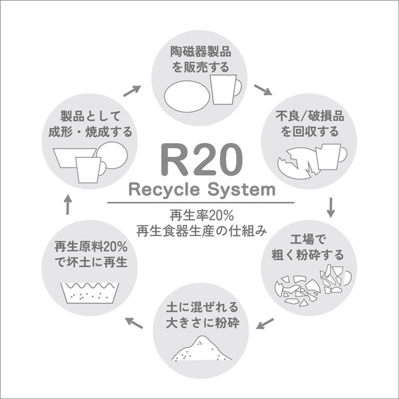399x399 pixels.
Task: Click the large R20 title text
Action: coord(201,160)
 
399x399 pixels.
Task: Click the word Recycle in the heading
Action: coord(164,190)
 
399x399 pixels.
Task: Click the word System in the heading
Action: coord(241,190)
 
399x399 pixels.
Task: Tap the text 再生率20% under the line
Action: coord(201,215)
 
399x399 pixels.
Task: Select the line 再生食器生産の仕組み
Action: coord(201,231)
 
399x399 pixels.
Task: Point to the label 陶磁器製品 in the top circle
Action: coord(201,52)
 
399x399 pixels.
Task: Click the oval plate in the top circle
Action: coord(187,96)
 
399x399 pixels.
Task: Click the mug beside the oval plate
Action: coord(225,89)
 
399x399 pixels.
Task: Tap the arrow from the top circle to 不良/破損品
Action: coord(263,90)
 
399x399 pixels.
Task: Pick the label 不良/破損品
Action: coord(310,116)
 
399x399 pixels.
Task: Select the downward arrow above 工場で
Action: coord(331,207)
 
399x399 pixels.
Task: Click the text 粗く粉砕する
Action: coord(307,255)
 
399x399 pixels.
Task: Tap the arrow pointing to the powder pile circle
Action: coord(265,323)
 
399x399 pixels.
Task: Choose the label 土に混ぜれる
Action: coord(201,307)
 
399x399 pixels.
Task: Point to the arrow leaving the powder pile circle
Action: coord(134,323)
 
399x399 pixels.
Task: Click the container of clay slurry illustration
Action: coord(90,293)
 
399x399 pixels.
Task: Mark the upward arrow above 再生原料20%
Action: coord(68,204)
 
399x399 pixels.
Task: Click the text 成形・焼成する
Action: coord(90,132)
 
